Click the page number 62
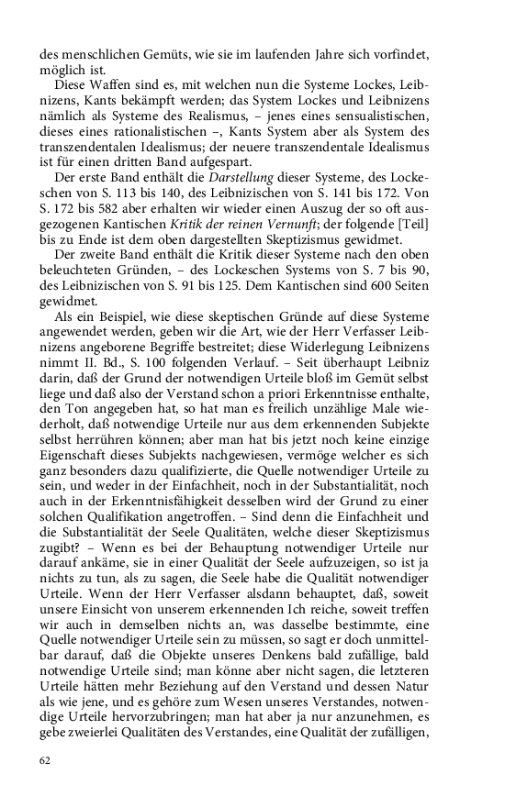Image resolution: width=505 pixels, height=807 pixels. pos(45,760)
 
